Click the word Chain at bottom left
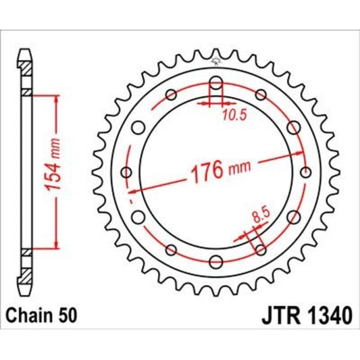click(x=30, y=315)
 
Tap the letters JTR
click(x=274, y=315)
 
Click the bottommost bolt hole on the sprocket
click(x=215, y=261)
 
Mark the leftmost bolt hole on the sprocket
click(x=127, y=172)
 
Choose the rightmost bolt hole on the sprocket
click(x=304, y=172)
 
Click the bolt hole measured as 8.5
click(x=259, y=249)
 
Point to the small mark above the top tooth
click(x=215, y=62)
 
